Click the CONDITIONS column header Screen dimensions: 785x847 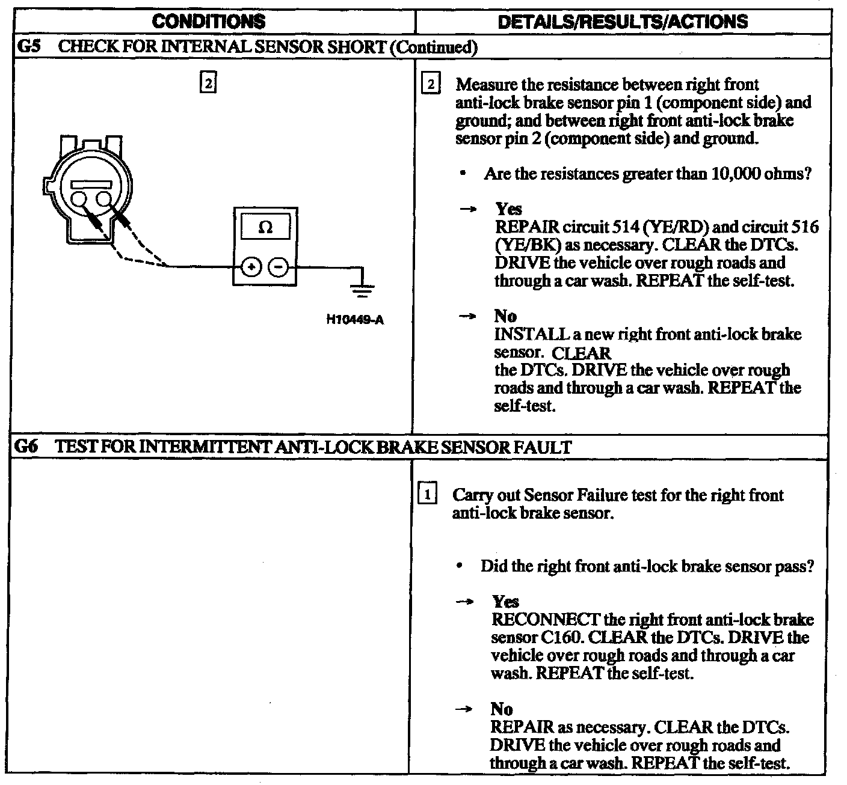[208, 22]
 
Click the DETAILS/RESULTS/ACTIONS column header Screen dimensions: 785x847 [623, 22]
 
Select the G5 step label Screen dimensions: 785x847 [29, 47]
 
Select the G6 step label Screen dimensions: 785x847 [29, 447]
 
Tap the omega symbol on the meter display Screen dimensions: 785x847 [265, 228]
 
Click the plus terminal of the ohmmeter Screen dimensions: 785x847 [252, 266]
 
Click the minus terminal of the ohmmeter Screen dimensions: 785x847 [278, 266]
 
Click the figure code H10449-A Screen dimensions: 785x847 [354, 319]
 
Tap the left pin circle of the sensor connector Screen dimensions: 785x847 [79, 200]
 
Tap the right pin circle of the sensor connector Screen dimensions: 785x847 [104, 200]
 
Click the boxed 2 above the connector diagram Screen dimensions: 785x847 [208, 84]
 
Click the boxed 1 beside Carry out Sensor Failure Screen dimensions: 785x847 [427, 495]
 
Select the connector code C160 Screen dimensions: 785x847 [553, 637]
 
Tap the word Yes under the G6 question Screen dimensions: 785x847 [505, 602]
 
